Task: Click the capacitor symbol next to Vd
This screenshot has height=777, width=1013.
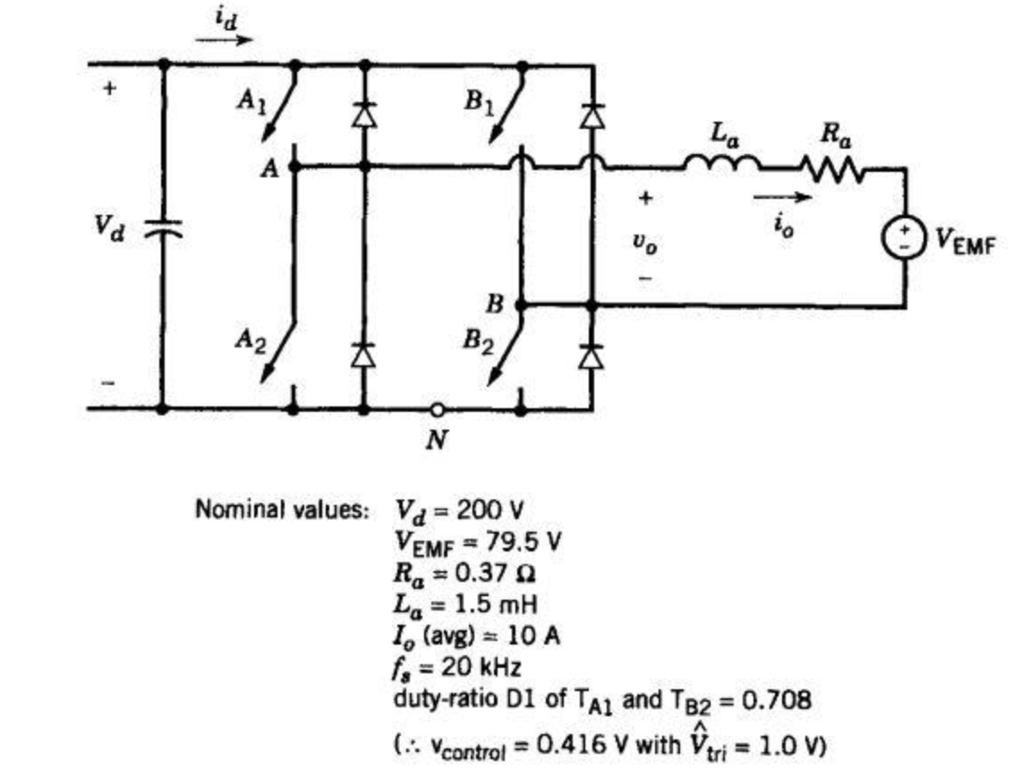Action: [x=163, y=229]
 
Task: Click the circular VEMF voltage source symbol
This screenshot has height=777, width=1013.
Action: [x=904, y=237]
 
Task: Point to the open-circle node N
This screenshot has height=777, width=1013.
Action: [x=437, y=410]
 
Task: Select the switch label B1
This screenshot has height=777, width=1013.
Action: [x=479, y=100]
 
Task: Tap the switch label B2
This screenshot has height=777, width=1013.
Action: [x=479, y=342]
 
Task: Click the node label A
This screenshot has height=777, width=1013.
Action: [x=269, y=167]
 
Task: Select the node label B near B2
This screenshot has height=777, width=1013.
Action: [x=495, y=304]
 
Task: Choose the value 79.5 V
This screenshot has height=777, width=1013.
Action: [x=523, y=541]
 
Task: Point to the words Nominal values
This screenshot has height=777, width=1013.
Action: [x=282, y=511]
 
